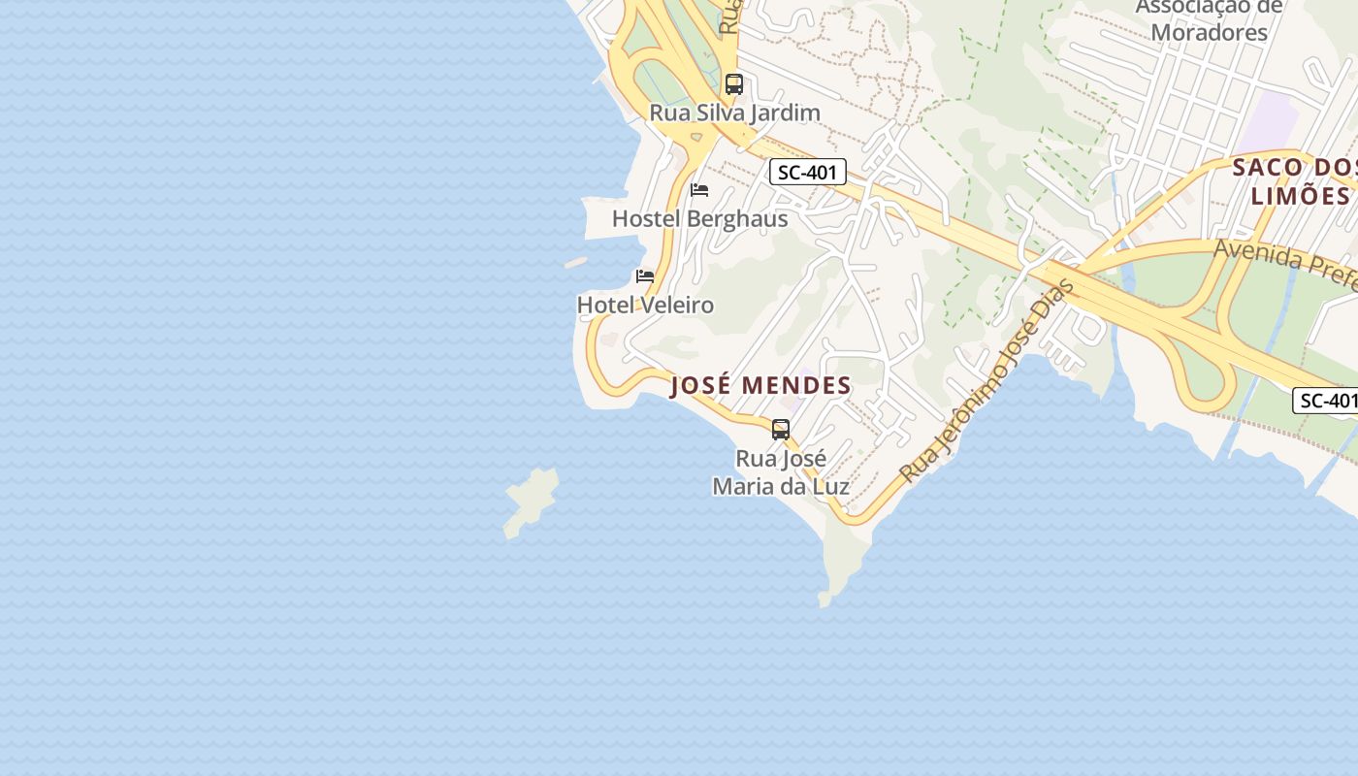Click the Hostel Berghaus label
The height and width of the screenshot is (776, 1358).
click(x=699, y=218)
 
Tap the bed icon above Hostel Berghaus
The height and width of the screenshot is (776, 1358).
click(x=699, y=189)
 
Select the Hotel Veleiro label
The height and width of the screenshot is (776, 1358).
click(x=645, y=305)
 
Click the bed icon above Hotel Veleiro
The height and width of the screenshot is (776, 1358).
click(x=645, y=276)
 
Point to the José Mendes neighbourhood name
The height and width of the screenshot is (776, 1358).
click(x=760, y=385)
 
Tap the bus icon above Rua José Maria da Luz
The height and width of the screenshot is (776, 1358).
click(x=781, y=429)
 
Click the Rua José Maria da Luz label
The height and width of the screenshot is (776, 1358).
click(x=781, y=471)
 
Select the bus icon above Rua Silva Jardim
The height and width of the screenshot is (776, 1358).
click(x=734, y=84)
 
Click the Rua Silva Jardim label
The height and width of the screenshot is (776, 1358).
click(x=734, y=113)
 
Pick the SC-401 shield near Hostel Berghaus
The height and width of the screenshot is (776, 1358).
click(x=808, y=173)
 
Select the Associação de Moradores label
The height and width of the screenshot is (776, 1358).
click(x=1209, y=19)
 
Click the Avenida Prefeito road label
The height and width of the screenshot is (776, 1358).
click(x=1284, y=265)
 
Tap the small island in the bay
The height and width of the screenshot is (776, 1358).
click(x=531, y=501)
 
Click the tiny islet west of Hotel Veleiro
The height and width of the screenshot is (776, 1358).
click(x=575, y=262)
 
